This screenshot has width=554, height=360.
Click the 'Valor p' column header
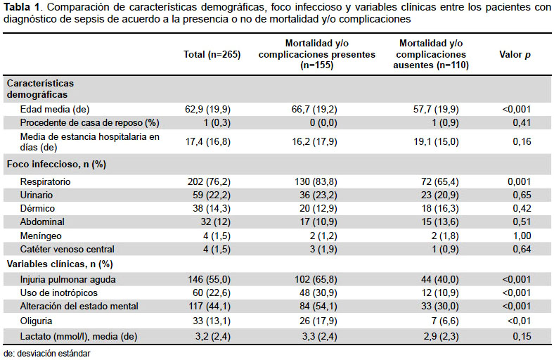[515, 54]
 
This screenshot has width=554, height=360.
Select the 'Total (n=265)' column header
[212, 54]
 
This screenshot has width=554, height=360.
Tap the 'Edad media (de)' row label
[55, 109]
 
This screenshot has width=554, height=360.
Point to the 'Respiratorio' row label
[45, 181]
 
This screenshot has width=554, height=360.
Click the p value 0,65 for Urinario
[522, 195]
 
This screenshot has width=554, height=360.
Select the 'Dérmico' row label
[37, 208]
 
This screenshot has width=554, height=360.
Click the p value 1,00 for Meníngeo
[522, 236]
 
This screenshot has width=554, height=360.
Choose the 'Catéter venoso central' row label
[67, 249]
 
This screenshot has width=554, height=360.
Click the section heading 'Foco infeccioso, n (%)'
[56, 165]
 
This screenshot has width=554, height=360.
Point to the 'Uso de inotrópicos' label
[58, 293]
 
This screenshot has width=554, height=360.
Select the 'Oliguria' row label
[36, 321]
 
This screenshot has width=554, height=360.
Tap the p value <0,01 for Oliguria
[519, 321]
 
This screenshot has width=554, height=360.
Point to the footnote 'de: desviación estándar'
[47, 353]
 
